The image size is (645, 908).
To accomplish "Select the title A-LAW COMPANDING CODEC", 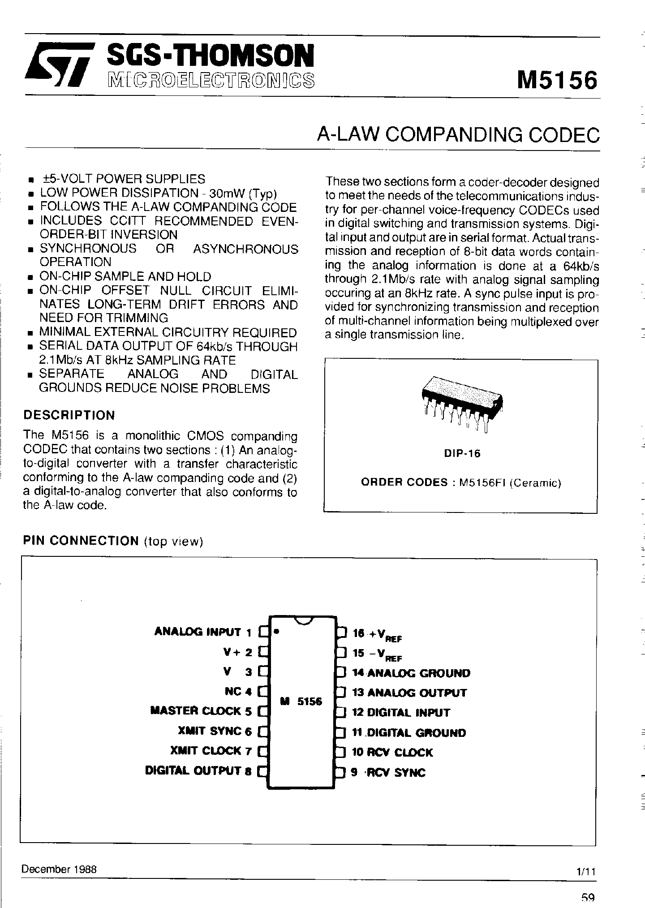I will pyautogui.click(x=458, y=134).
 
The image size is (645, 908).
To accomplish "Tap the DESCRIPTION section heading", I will pyautogui.click(x=69, y=415).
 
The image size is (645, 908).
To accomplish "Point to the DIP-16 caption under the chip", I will pyautogui.click(x=462, y=453).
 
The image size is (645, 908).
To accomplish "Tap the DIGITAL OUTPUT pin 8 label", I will pyautogui.click(x=198, y=771).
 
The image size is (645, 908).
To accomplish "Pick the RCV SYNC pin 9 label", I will pyautogui.click(x=389, y=773).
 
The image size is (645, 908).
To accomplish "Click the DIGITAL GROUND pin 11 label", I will pyautogui.click(x=409, y=733).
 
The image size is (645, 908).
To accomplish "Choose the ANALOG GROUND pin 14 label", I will pyautogui.click(x=411, y=673).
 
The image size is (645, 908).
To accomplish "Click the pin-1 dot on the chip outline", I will pyautogui.click(x=277, y=632).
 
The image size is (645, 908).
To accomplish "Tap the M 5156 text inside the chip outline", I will pyautogui.click(x=301, y=702).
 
